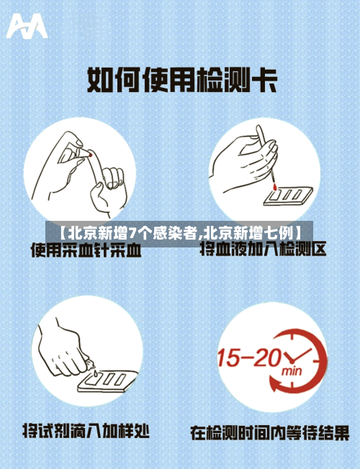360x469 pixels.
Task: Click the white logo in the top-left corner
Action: point(27,27)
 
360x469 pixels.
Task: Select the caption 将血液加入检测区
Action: point(264,250)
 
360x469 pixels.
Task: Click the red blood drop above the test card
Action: point(275,186)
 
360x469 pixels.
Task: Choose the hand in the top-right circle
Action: point(245,162)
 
